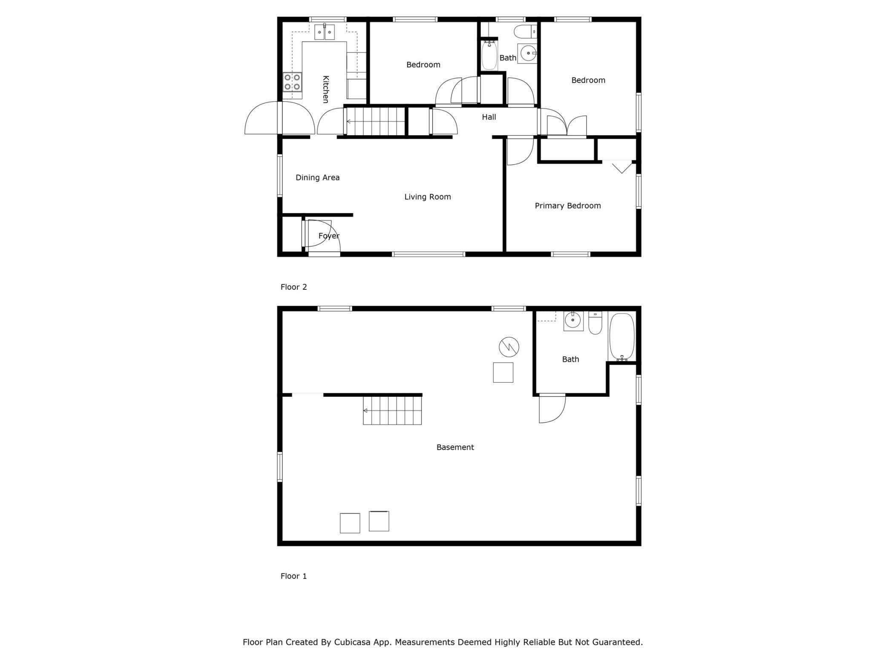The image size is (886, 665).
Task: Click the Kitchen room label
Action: (325, 89)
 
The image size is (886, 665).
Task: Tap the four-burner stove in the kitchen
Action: (293, 82)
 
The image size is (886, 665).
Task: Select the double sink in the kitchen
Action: (325, 32)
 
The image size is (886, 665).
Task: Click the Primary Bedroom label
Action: (567, 206)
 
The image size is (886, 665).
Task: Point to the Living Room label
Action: (427, 197)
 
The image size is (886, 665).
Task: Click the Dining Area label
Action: (317, 178)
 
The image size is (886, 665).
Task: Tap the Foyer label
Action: (329, 236)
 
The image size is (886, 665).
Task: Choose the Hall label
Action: (489, 117)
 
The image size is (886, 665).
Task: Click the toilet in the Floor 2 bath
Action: (524, 32)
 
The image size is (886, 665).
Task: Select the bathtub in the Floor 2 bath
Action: (489, 55)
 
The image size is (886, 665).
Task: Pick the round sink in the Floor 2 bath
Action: (528, 54)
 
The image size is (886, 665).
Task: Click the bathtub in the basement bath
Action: (622, 337)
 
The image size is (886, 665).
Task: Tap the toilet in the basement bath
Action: (595, 324)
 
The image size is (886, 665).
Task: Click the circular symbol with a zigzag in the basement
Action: (509, 347)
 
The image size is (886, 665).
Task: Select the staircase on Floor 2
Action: (374, 121)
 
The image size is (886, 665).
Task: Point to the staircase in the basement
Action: (392, 411)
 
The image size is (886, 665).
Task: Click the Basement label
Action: (455, 447)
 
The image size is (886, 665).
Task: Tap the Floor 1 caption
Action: (293, 576)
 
